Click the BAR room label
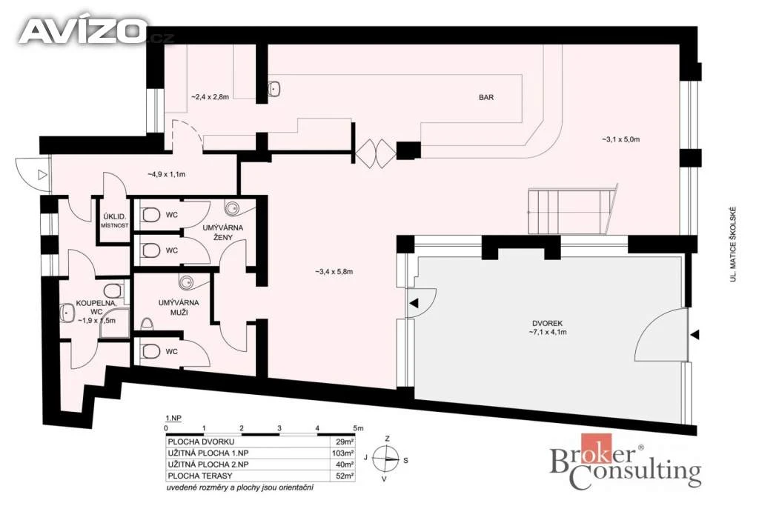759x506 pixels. pyautogui.click(x=486, y=97)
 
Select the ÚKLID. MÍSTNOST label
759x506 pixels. pyautogui.click(x=115, y=221)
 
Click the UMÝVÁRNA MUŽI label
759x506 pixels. pyautogui.click(x=179, y=307)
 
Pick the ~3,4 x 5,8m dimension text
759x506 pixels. pyautogui.click(x=334, y=272)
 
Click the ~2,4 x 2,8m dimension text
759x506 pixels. pyautogui.click(x=210, y=97)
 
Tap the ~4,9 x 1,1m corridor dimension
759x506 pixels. pyautogui.click(x=166, y=174)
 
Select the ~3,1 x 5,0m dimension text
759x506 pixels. pyautogui.click(x=620, y=139)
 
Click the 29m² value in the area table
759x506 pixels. pyautogui.click(x=345, y=442)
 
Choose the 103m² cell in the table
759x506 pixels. pyautogui.click(x=342, y=453)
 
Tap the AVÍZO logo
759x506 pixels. pyautogui.click(x=82, y=31)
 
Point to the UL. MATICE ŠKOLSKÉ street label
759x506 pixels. pyautogui.click(x=733, y=244)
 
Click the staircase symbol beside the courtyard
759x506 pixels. pyautogui.click(x=571, y=210)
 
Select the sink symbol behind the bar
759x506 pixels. pyautogui.click(x=274, y=88)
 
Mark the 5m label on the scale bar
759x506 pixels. pyautogui.click(x=358, y=428)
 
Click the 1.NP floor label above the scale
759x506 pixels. pyautogui.click(x=173, y=418)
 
